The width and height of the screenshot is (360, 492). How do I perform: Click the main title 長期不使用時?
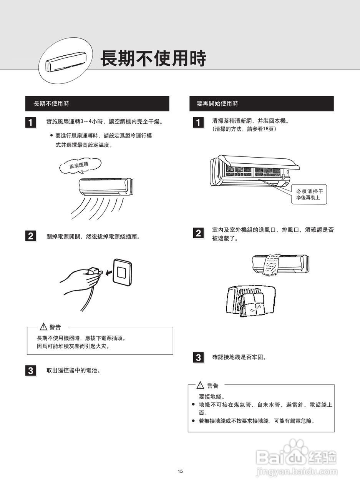tap(153, 59)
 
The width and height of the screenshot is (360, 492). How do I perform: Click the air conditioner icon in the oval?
tap(66, 61)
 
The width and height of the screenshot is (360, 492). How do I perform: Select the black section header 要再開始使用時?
tap(261, 104)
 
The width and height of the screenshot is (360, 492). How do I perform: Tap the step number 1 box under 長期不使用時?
tap(31, 122)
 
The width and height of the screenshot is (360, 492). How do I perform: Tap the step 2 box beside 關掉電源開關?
tap(31, 236)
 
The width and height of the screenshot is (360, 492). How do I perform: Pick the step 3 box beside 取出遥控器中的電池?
tap(31, 371)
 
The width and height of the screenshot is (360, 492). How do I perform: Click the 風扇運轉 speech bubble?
tap(80, 165)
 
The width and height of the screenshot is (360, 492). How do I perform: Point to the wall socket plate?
tap(122, 271)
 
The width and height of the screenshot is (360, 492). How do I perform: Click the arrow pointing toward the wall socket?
tap(109, 273)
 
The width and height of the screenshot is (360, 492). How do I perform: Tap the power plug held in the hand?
tap(95, 272)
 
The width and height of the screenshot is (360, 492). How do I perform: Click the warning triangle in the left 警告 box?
tap(43, 327)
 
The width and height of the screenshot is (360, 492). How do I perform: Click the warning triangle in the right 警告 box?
tap(201, 385)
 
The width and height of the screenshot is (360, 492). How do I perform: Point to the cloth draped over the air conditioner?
tap(272, 264)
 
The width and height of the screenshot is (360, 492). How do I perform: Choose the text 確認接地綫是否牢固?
tap(239, 357)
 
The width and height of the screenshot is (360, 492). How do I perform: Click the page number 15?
tap(180, 471)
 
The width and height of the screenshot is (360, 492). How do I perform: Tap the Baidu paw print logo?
tap(295, 448)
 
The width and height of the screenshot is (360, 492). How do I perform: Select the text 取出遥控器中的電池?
tap(73, 371)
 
